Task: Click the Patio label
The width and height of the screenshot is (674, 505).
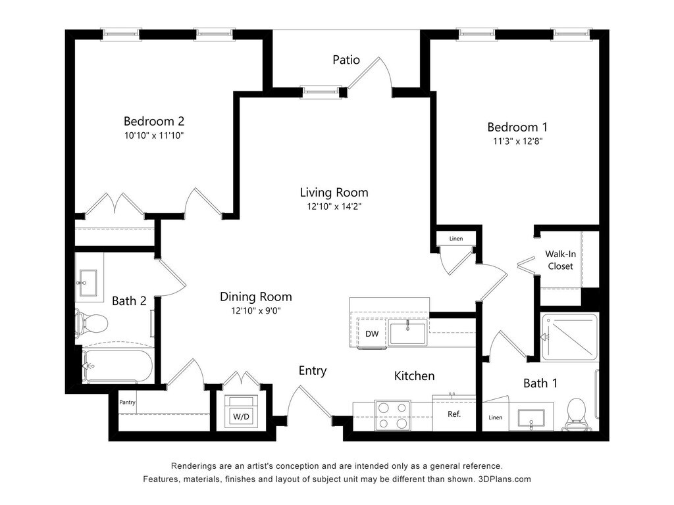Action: [x=346, y=60]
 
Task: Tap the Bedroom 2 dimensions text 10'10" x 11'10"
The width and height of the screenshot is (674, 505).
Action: [x=154, y=135]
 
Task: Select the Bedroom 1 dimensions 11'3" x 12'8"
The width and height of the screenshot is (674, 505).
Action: [x=517, y=141]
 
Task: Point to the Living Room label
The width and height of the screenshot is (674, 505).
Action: [x=334, y=193]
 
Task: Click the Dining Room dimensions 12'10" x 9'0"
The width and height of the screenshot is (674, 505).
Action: [x=256, y=310]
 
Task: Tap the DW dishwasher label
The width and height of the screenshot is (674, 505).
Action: [x=372, y=333]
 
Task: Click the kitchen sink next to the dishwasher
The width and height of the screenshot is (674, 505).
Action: [x=407, y=332]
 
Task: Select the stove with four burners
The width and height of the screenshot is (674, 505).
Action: [x=392, y=416]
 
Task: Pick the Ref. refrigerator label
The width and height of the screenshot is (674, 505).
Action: [x=454, y=414]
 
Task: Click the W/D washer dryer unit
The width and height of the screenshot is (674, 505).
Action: [x=241, y=411]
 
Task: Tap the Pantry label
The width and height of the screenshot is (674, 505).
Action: [x=127, y=402]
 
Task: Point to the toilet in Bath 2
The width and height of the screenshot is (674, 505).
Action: [x=91, y=323]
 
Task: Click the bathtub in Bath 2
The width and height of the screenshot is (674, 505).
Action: [x=117, y=366]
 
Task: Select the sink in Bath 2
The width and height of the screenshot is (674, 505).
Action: [x=88, y=283]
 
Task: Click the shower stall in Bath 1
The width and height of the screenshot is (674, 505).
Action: [x=569, y=337]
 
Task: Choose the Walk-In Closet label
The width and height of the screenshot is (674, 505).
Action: [x=561, y=260]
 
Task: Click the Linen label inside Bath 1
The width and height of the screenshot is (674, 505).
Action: [x=495, y=418]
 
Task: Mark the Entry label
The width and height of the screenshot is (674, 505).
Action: [x=313, y=371]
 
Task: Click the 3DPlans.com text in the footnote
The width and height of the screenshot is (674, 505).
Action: [x=505, y=479]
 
